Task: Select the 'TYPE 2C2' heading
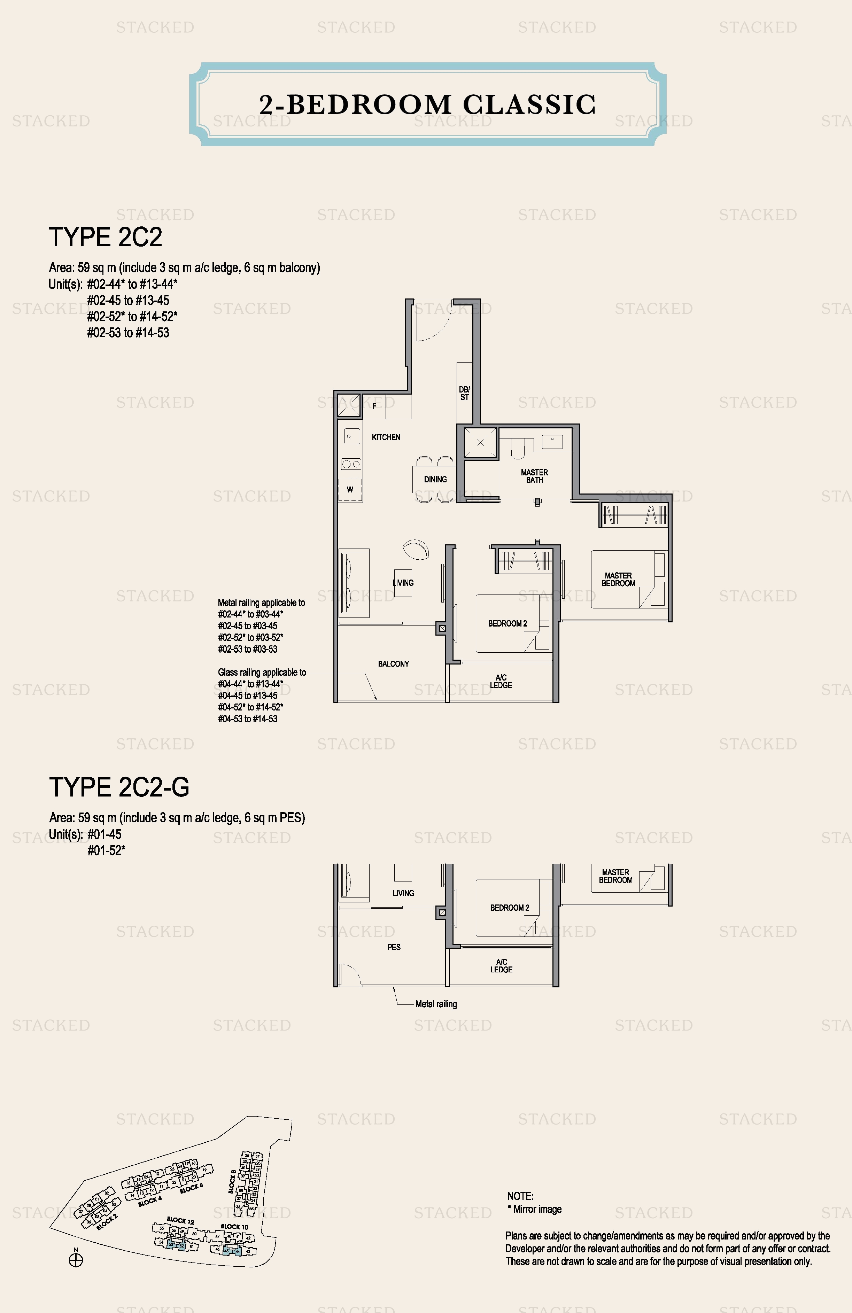pyautogui.click(x=106, y=237)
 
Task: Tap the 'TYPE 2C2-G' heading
pyautogui.click(x=119, y=787)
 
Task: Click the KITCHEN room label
pyautogui.click(x=386, y=437)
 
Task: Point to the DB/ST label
pyautogui.click(x=464, y=393)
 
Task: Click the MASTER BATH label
pyautogui.click(x=534, y=476)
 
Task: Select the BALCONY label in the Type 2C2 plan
pyautogui.click(x=394, y=664)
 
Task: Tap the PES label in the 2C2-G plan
pyautogui.click(x=394, y=947)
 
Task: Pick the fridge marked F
pyautogui.click(x=374, y=406)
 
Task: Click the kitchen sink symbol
pyautogui.click(x=351, y=436)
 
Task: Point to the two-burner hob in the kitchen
pyautogui.click(x=351, y=464)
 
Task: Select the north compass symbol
pyautogui.click(x=76, y=1260)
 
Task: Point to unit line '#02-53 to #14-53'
pyautogui.click(x=128, y=333)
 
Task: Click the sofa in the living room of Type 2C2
pyautogui.click(x=353, y=582)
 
